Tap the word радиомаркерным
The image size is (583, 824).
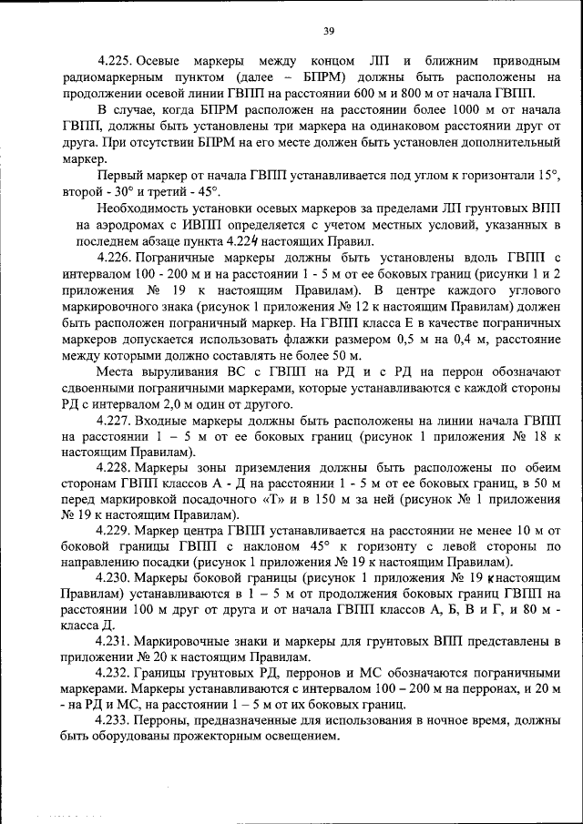[115, 77]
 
